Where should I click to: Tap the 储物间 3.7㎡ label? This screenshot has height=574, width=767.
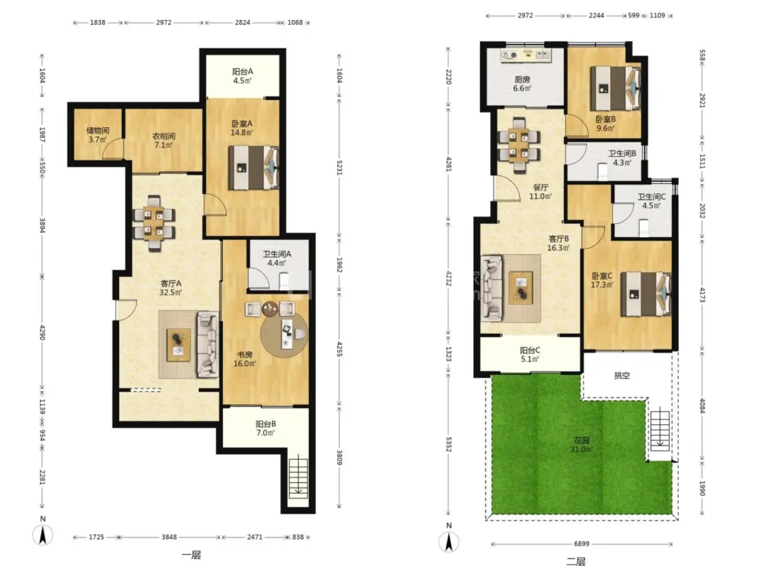click(97, 135)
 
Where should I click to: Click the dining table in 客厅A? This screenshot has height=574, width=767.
click(153, 223)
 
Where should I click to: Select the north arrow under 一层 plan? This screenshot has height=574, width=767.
click(43, 535)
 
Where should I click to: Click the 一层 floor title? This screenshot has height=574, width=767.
click(191, 555)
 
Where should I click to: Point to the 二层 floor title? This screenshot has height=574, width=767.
click(576, 562)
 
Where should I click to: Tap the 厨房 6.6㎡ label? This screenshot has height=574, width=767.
click(522, 84)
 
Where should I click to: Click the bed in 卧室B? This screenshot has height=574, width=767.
click(615, 89)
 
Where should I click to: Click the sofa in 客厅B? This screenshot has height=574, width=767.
click(493, 288)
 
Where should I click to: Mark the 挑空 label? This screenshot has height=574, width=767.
click(621, 375)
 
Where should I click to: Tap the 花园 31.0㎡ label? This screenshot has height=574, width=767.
click(582, 444)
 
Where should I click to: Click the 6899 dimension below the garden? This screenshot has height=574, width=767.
click(582, 543)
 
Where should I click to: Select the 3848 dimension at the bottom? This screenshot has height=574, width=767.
click(169, 537)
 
